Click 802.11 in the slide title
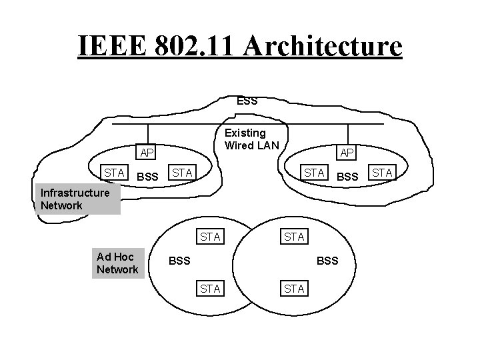coord(195,46)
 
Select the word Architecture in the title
coord(323,46)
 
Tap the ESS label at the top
coord(247,101)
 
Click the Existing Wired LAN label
coord(245,139)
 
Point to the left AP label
coord(147,153)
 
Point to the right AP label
coord(347,153)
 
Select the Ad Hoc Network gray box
coord(117,263)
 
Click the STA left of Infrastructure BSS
coord(114,173)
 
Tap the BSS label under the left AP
coord(147,177)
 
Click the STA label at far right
coord(382,174)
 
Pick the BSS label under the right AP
coord(347,177)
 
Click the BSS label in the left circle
coord(179,261)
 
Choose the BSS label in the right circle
coord(327,261)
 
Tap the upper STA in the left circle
coord(210,236)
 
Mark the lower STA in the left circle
coord(210,288)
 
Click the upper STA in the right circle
coord(294,236)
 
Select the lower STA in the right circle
coord(294,288)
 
